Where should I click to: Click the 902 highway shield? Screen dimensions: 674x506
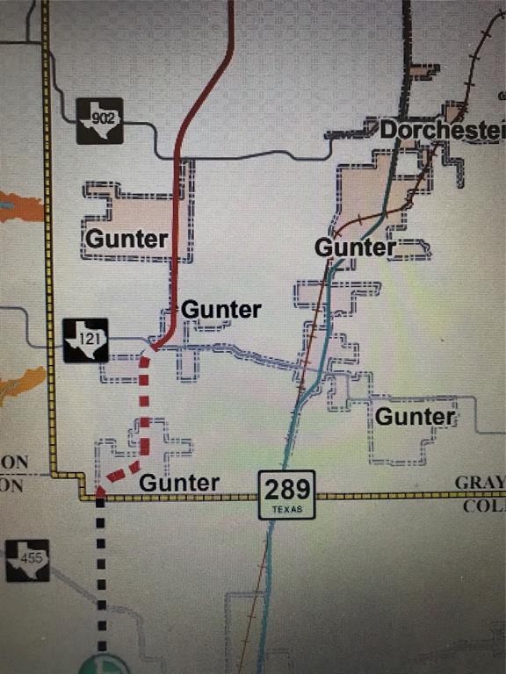[98, 120]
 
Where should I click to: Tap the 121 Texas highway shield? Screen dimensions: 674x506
[86, 341]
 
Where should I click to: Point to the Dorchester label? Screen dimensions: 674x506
[442, 131]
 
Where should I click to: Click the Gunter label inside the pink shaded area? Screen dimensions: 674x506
[126, 238]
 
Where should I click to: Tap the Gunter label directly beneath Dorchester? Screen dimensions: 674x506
[355, 247]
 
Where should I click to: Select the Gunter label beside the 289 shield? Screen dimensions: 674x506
[179, 483]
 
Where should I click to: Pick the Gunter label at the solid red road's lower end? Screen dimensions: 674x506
[220, 310]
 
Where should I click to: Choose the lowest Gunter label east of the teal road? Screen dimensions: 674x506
[416, 416]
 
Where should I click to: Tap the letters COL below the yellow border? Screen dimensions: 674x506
[483, 506]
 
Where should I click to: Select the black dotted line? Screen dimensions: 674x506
[102, 570]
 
